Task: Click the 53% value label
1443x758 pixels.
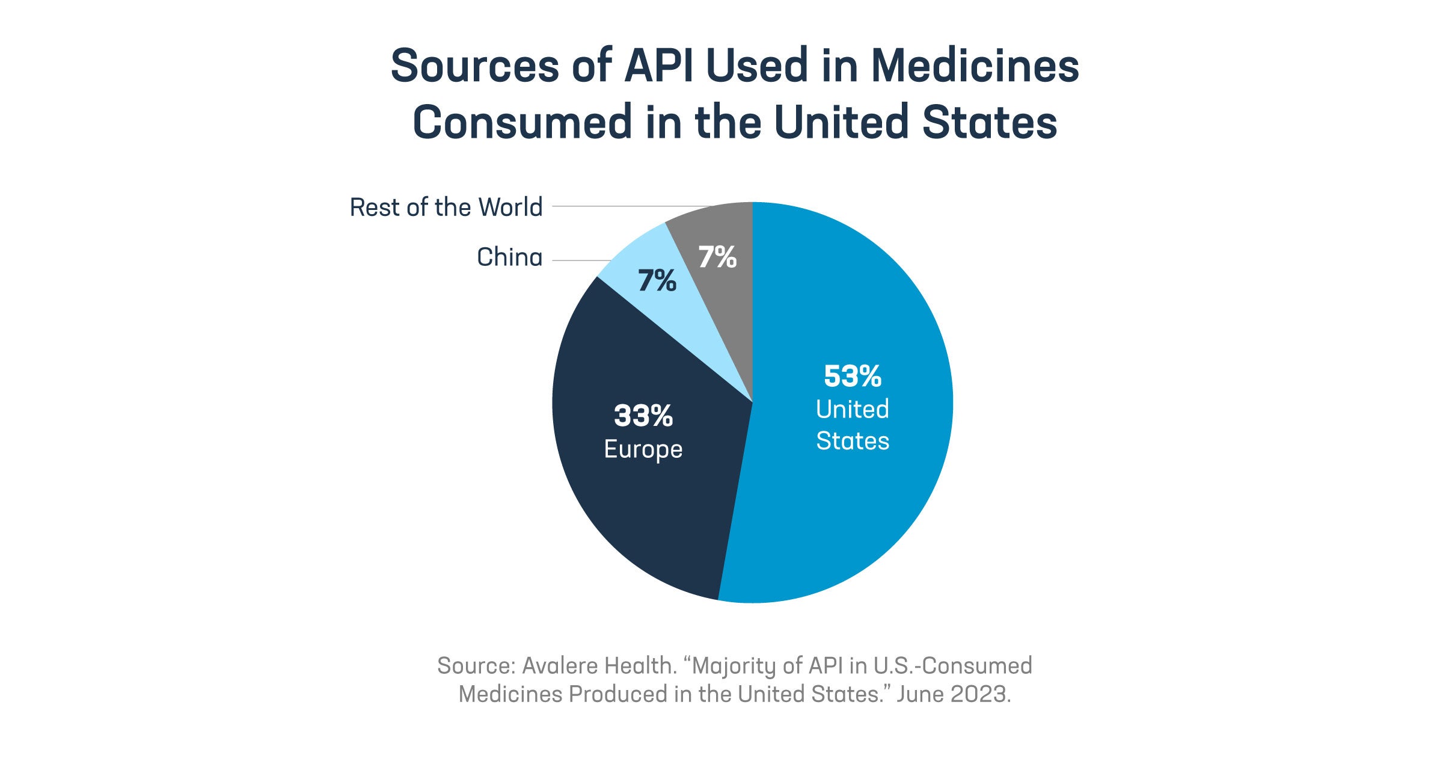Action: (852, 377)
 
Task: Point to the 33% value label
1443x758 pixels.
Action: (643, 416)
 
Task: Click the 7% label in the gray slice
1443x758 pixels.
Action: (717, 257)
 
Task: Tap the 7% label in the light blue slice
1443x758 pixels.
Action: (657, 281)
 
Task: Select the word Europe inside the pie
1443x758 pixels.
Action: (643, 449)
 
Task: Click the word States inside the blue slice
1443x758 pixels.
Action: (852, 441)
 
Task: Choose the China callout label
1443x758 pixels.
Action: (509, 257)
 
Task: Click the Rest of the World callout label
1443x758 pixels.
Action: (446, 208)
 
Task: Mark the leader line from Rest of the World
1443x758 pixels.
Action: (607, 206)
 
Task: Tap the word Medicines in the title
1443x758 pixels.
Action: (975, 66)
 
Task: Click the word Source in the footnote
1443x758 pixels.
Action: (476, 666)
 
